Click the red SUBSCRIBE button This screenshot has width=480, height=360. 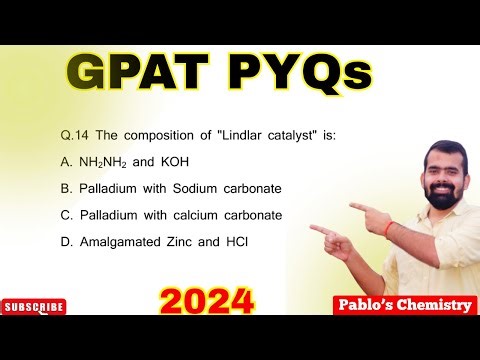coord(33,307)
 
